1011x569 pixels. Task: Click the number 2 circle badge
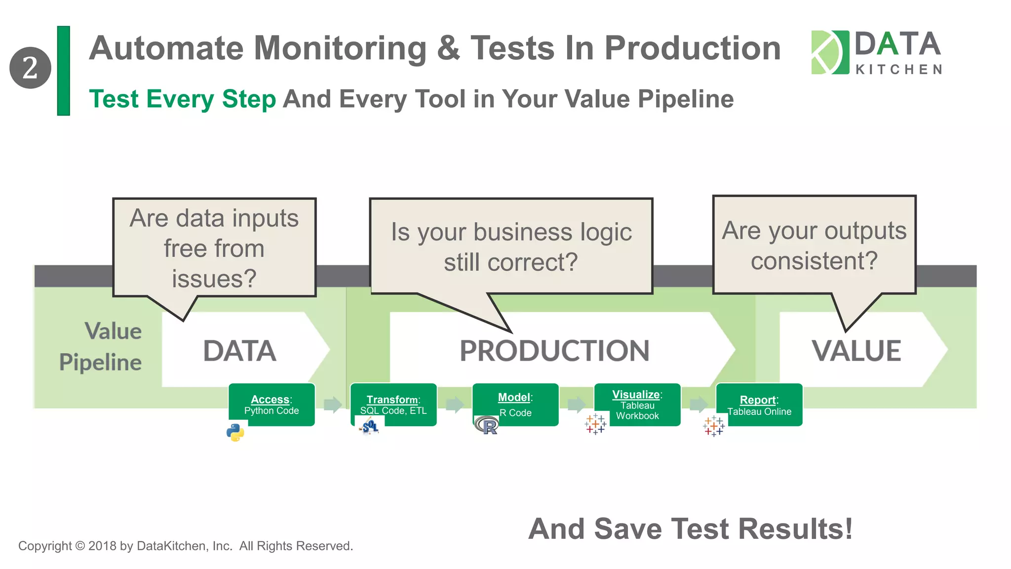click(x=30, y=68)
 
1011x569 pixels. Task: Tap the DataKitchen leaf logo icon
click(x=830, y=52)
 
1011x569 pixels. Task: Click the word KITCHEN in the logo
click(x=898, y=70)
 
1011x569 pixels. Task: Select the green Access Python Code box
click(x=272, y=404)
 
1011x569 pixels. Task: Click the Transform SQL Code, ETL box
click(x=393, y=404)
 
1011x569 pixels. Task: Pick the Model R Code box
click(x=515, y=404)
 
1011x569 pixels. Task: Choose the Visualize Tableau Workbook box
click(x=637, y=404)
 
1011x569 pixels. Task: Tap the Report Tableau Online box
click(x=759, y=404)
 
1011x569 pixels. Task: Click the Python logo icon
click(x=235, y=432)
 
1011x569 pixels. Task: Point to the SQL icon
click(x=370, y=426)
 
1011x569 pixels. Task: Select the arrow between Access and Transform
click(x=333, y=405)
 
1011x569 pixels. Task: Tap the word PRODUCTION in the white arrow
click(x=554, y=351)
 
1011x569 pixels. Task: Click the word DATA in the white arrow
click(x=239, y=351)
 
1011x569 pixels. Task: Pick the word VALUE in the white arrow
click(x=856, y=351)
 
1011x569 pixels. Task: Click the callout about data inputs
click(x=214, y=248)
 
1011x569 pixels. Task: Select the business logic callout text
click(x=511, y=247)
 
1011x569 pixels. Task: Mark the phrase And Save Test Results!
click(x=690, y=529)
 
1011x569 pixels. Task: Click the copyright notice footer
click(x=186, y=546)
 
